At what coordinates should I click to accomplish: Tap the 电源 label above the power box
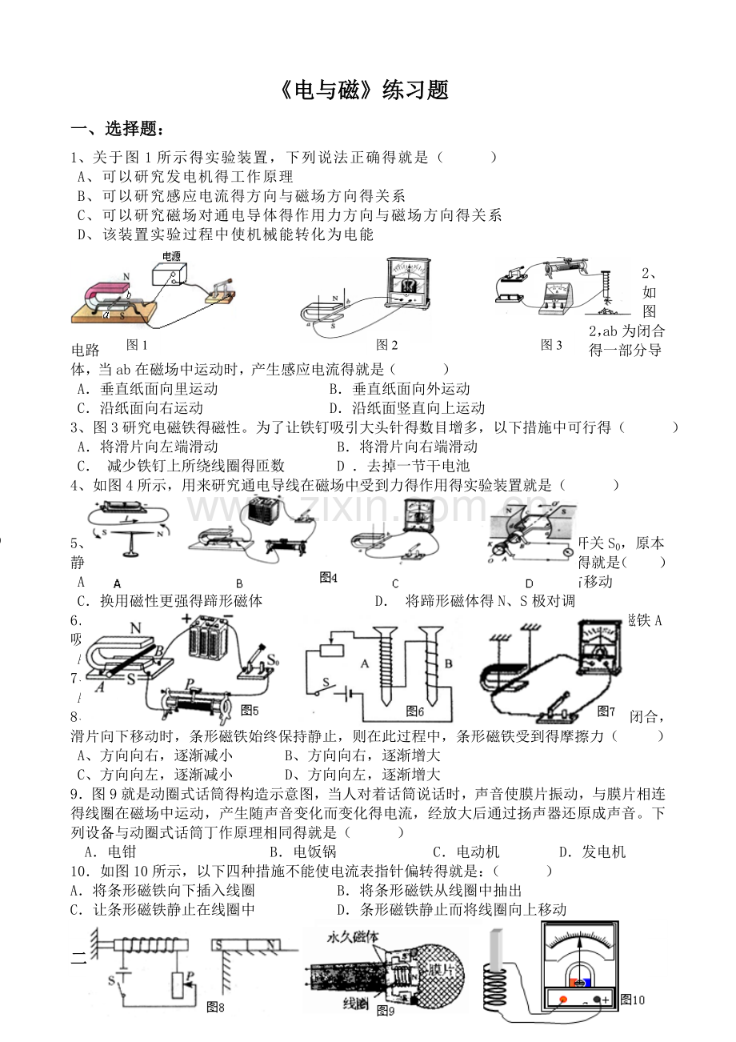(x=171, y=256)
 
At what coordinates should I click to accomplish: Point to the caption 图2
(x=387, y=345)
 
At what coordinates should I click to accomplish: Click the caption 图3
(x=551, y=345)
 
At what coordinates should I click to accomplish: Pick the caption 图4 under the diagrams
(x=328, y=577)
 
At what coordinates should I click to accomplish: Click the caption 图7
(x=606, y=711)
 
